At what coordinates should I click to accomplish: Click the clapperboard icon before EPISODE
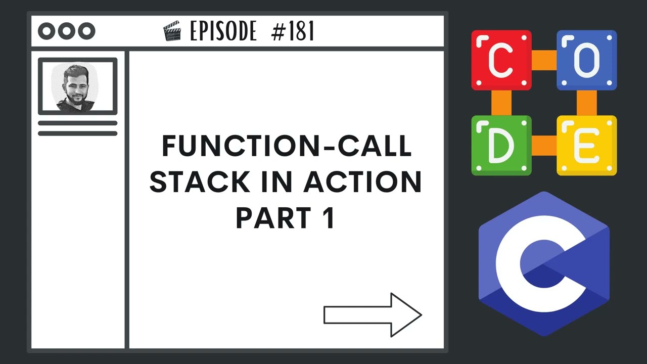(172, 32)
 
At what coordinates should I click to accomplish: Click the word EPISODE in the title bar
(223, 32)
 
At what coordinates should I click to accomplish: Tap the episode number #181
(293, 32)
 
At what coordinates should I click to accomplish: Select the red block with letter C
(501, 60)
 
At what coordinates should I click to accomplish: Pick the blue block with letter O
(586, 60)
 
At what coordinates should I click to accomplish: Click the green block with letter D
(501, 146)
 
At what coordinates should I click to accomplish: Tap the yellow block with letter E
(586, 146)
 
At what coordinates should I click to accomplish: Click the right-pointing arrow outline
(373, 314)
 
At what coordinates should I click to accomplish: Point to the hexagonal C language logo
(544, 264)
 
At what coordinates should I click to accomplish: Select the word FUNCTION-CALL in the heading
(286, 147)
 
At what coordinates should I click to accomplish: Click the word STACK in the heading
(188, 182)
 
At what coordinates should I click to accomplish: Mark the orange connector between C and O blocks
(544, 60)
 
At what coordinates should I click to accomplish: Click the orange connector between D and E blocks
(544, 146)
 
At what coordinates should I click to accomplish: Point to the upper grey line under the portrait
(77, 123)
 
